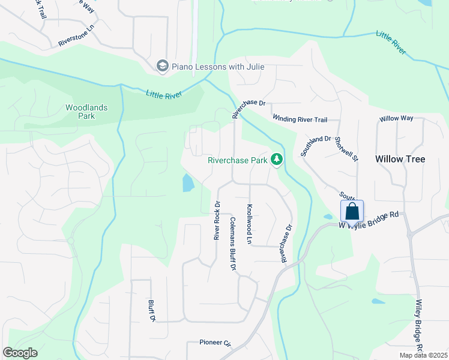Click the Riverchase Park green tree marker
click(x=277, y=160)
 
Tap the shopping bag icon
click(x=352, y=211)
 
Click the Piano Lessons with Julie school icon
click(x=162, y=66)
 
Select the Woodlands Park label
click(x=86, y=112)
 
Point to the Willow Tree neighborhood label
click(x=400, y=159)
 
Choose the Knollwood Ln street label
click(x=250, y=224)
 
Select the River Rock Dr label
click(x=217, y=220)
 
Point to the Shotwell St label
click(x=346, y=149)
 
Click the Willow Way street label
click(x=396, y=119)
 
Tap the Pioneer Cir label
click(x=215, y=343)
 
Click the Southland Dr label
click(x=316, y=146)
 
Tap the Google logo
click(x=20, y=353)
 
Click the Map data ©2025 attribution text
click(x=423, y=355)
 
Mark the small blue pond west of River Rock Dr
click(x=188, y=183)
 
